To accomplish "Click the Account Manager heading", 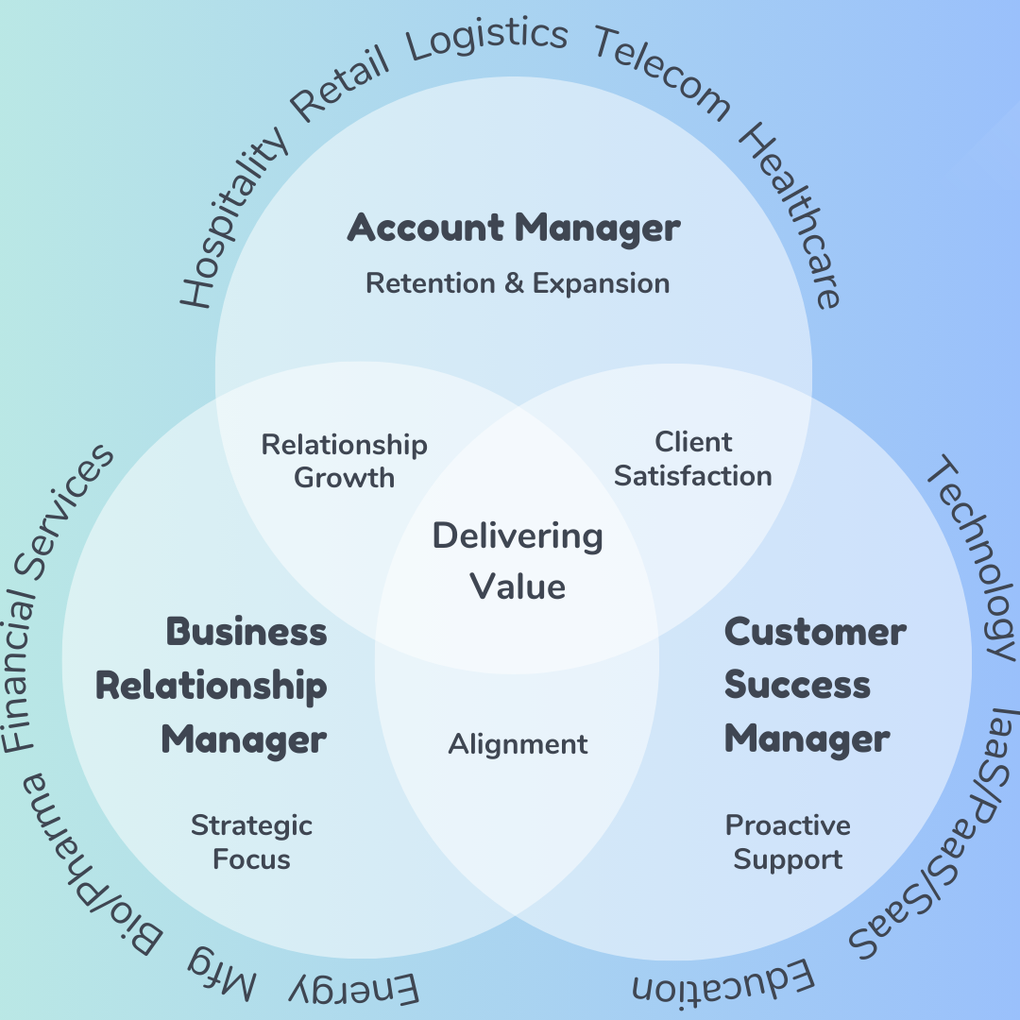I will tap(514, 229).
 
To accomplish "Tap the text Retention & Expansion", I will tap(518, 283).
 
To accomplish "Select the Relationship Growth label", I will tap(345, 461).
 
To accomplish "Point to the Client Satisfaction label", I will tap(693, 459).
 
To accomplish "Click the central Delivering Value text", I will tap(518, 561).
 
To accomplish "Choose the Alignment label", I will tap(518, 744).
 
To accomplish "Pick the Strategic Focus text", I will tap(251, 842).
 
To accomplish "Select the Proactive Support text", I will tap(788, 842).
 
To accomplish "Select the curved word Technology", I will tap(973, 557).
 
